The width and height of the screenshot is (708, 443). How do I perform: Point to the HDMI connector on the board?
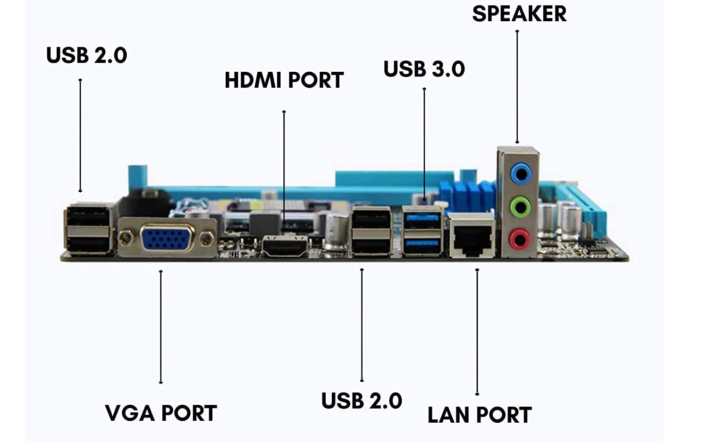(284, 247)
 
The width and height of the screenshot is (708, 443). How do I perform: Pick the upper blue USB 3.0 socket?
(422, 218)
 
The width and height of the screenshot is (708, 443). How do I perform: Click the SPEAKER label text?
(519, 14)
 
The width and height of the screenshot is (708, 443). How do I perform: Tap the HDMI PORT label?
(284, 80)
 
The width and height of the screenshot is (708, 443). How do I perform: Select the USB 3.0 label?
(424, 69)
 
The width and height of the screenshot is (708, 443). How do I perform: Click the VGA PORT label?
(161, 413)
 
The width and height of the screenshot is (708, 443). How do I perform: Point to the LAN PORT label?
(479, 415)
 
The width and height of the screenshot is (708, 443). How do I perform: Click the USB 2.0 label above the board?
(86, 55)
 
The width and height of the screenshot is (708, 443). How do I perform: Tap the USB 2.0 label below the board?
(362, 401)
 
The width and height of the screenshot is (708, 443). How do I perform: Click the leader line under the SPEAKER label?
(517, 85)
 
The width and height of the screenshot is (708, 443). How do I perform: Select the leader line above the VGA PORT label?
(161, 326)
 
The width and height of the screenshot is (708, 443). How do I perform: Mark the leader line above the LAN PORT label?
(477, 331)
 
